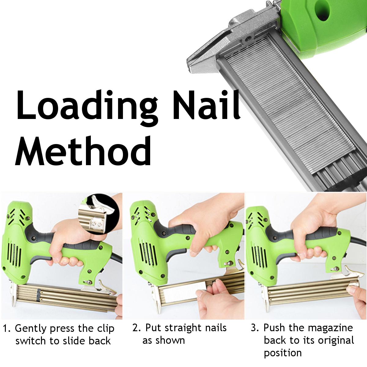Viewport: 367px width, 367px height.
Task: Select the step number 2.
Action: pyautogui.click(x=137, y=328)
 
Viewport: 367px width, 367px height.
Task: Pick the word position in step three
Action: pyautogui.click(x=283, y=353)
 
